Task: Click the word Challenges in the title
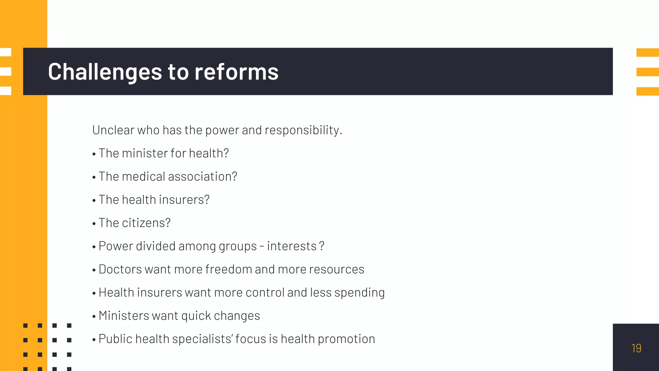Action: click(105, 72)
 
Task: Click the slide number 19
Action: click(636, 348)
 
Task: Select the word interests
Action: click(292, 246)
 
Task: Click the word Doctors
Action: click(120, 269)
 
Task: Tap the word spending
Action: click(359, 292)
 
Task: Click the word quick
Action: click(196, 316)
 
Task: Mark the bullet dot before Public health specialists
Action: click(94, 340)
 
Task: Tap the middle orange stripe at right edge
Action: click(647, 72)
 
